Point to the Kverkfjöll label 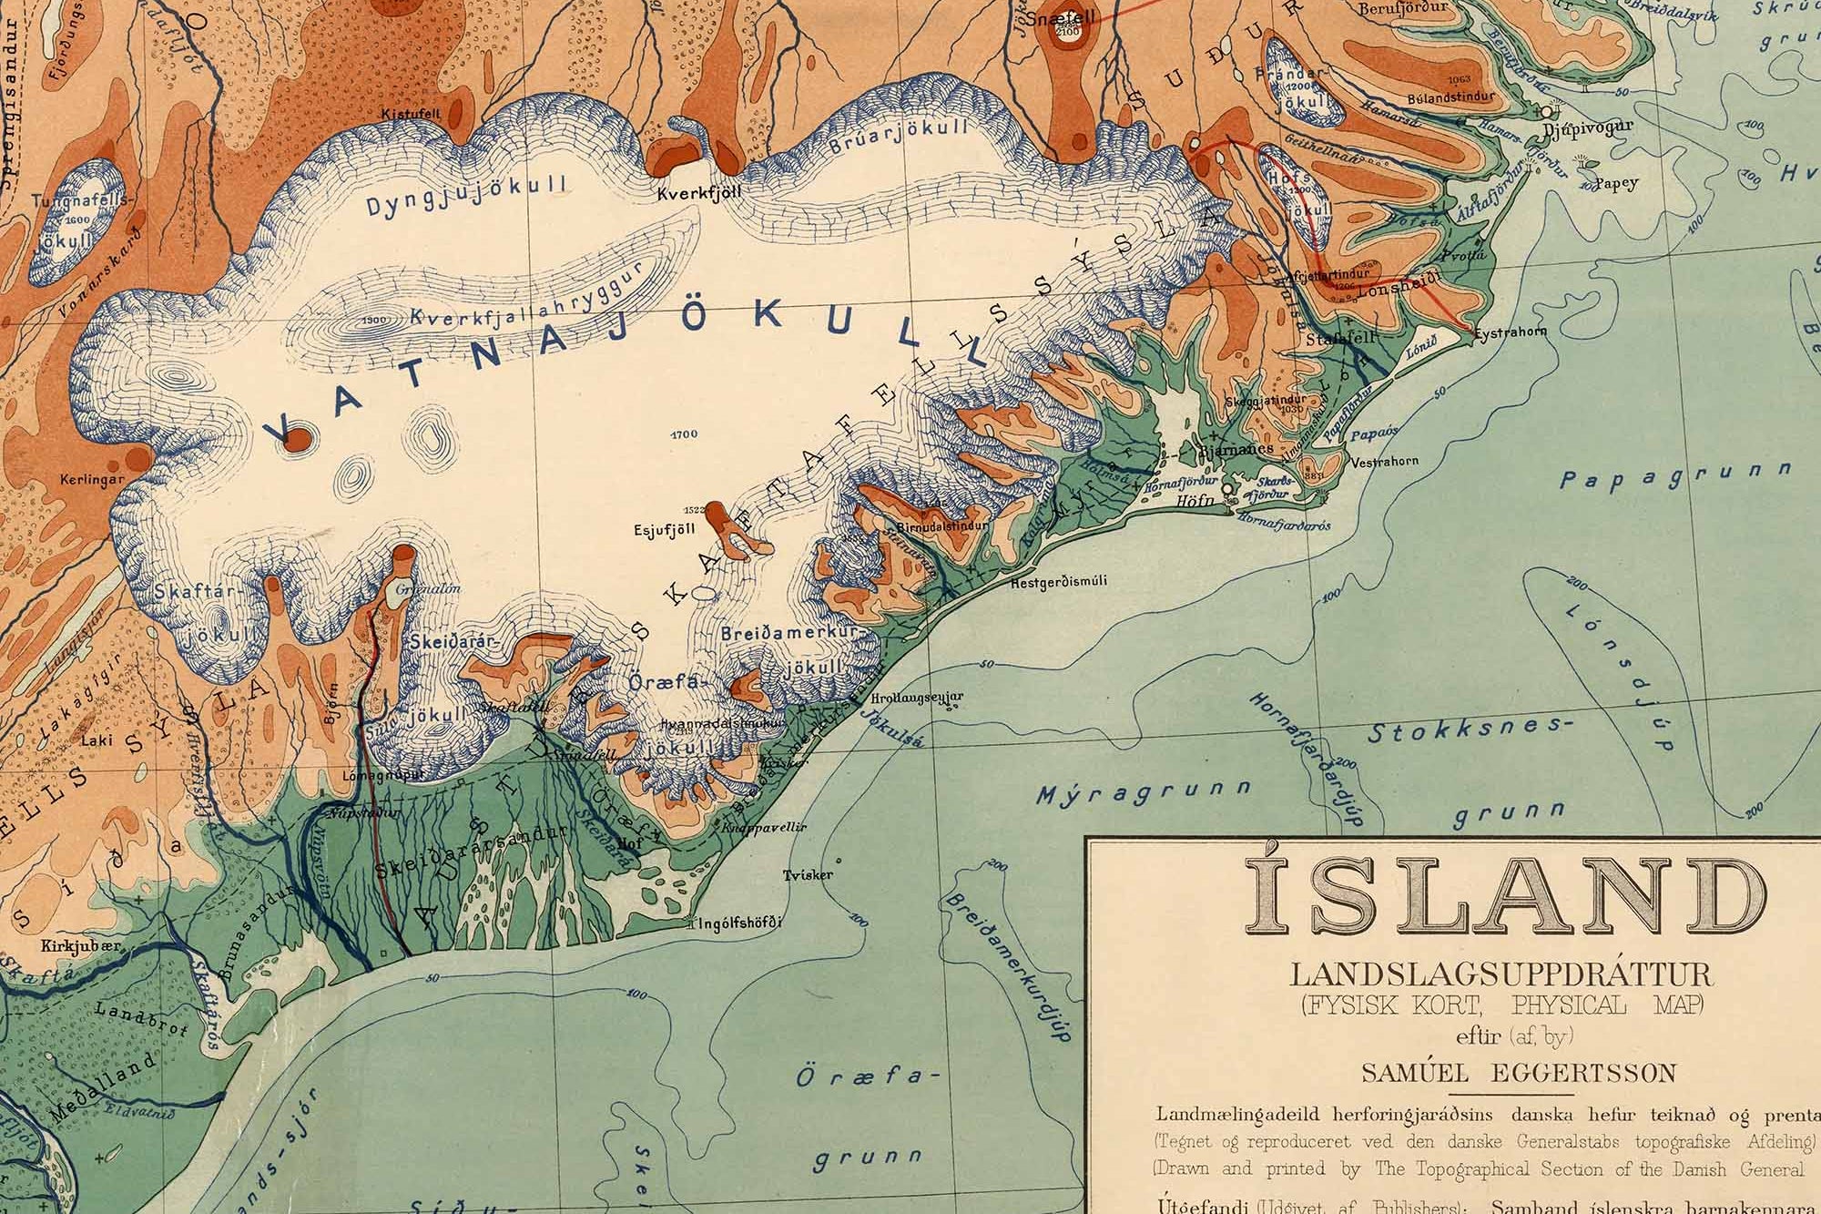(699, 193)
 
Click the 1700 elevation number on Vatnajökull (683, 434)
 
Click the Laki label (97, 740)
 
